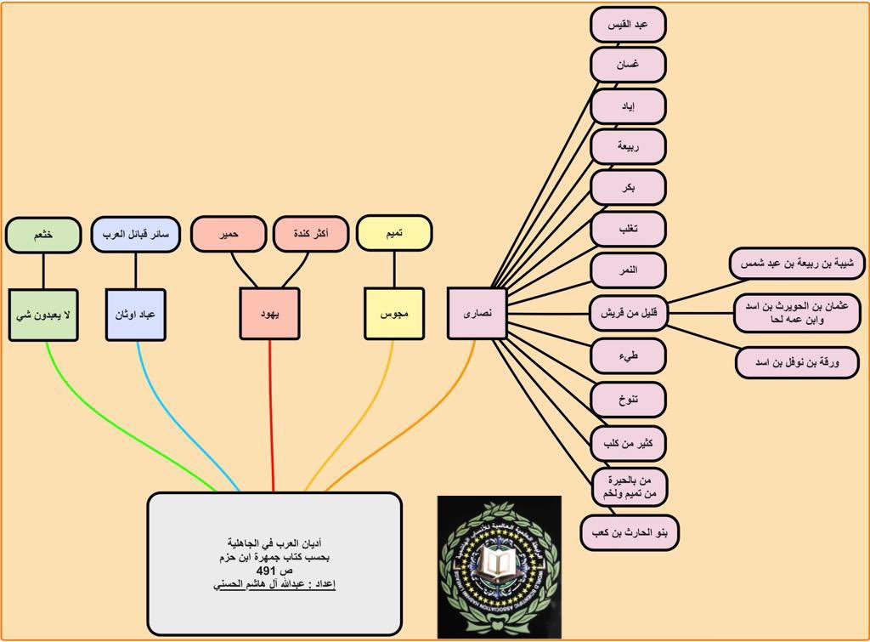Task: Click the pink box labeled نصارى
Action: pos(477,314)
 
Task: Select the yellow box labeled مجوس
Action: pos(394,314)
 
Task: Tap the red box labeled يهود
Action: pos(269,314)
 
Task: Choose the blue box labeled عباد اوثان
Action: pos(136,314)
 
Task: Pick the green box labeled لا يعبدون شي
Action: pos(43,314)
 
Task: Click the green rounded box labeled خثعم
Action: pos(43,235)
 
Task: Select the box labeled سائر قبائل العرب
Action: pos(136,234)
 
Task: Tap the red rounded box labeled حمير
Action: pos(229,234)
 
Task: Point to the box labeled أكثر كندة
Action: pos(311,234)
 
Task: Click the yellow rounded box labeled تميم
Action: pos(394,233)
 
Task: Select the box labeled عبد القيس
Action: pos(628,25)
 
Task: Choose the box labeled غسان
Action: pos(628,65)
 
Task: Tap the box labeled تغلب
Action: pos(628,229)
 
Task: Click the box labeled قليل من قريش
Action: pos(628,312)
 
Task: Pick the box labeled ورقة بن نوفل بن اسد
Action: pos(797,362)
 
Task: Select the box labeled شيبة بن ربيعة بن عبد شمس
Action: pos(797,264)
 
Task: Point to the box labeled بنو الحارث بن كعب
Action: pos(630,533)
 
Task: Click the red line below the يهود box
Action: pos(271,417)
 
